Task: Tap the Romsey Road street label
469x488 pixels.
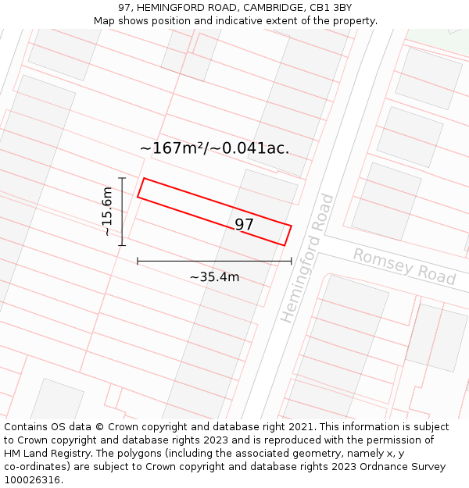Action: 404,266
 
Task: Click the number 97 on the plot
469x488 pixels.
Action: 245,225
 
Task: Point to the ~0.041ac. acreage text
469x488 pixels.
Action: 256,148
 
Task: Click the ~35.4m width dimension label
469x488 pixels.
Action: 214,276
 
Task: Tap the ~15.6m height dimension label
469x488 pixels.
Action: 108,212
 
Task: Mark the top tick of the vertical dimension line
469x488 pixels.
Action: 122,178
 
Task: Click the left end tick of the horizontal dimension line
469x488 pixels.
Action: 138,261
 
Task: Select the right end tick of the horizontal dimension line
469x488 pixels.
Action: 292,261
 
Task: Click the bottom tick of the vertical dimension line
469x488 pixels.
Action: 122,245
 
